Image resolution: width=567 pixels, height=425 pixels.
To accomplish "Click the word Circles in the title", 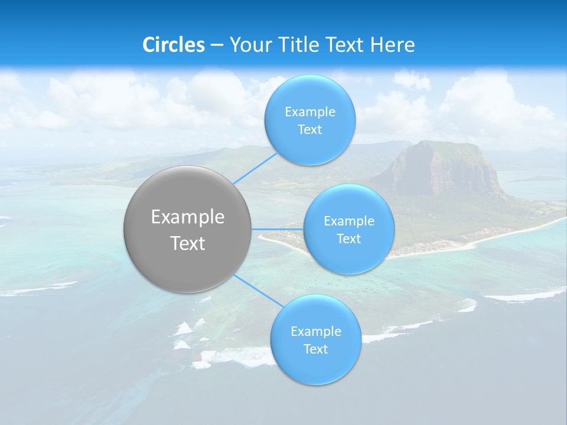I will pos(174,45).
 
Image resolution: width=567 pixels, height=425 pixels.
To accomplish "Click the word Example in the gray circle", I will pos(188,217).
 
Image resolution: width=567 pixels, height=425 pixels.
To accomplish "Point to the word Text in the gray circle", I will pos(188,243).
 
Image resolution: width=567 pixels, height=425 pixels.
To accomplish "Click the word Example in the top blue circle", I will pos(310,112).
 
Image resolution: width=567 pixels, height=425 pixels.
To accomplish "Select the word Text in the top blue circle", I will pos(309,130).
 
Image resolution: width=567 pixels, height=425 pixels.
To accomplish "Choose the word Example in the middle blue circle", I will pos(349,221).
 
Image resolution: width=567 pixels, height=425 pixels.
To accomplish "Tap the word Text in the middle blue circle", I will pos(348,239).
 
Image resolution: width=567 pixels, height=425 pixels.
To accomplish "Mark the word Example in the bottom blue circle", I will pos(316,332).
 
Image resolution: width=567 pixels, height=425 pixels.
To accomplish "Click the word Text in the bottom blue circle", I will pos(315,349).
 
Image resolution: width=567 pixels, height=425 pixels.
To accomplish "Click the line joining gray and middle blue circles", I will pos(277,229).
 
